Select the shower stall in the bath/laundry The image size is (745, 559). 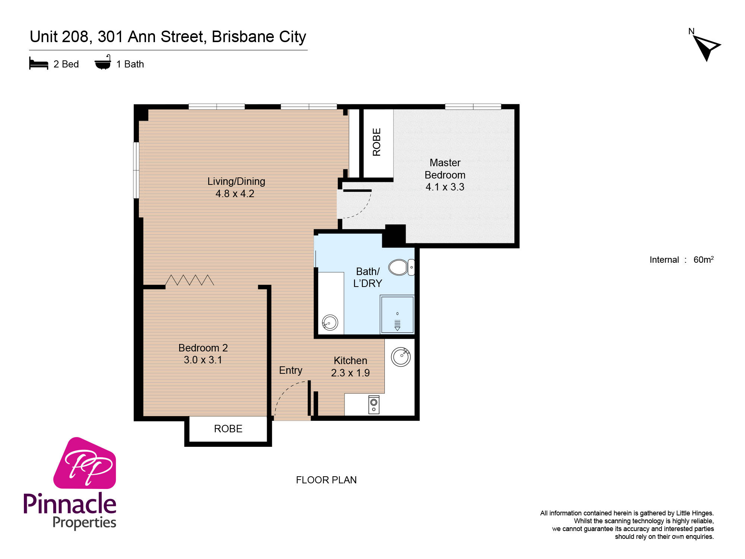point(397,315)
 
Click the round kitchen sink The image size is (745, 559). point(401,357)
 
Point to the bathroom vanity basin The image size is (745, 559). point(330,323)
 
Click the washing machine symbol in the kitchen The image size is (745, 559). point(374,405)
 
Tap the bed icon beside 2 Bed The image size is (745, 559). point(39,64)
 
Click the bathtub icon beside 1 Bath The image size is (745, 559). point(103,63)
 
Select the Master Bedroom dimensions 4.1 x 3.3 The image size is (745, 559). point(445,187)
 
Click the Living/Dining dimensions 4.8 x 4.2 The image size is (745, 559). point(235,194)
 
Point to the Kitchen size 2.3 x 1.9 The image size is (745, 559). point(350,373)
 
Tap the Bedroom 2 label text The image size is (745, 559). point(203,348)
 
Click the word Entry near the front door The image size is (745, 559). point(291,370)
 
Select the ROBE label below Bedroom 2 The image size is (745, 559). point(228,429)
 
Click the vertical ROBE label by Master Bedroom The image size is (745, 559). point(377,142)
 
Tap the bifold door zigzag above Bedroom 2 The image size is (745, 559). point(190,280)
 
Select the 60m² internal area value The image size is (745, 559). point(703,259)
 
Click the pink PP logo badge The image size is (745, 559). point(85,463)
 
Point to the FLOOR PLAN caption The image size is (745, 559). point(326,480)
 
